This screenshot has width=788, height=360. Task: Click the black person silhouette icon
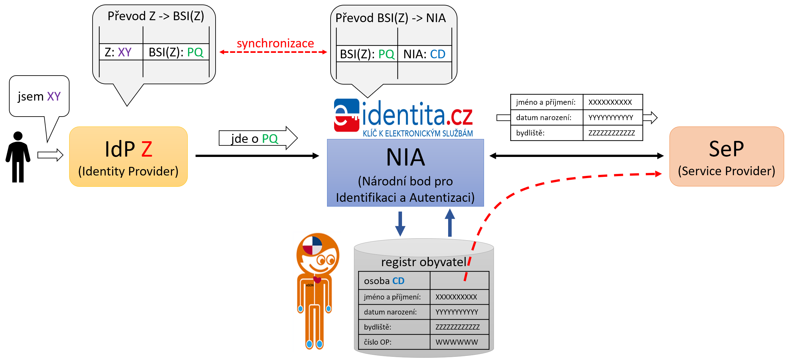tap(18, 157)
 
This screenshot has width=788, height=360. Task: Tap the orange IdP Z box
tap(128, 157)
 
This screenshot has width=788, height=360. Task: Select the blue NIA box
tap(405, 173)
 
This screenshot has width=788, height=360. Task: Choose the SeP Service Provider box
tap(726, 157)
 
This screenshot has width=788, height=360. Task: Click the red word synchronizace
tap(275, 43)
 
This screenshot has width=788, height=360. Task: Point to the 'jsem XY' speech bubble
tap(39, 96)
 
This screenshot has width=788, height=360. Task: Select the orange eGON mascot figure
tap(316, 290)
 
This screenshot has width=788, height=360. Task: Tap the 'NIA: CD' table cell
tap(424, 54)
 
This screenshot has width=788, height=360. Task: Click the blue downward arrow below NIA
tap(400, 224)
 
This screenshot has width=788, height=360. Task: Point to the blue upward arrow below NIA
tap(450, 223)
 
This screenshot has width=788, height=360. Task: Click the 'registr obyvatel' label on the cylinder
tap(423, 262)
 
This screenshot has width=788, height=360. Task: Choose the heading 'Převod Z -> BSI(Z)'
tap(156, 16)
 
